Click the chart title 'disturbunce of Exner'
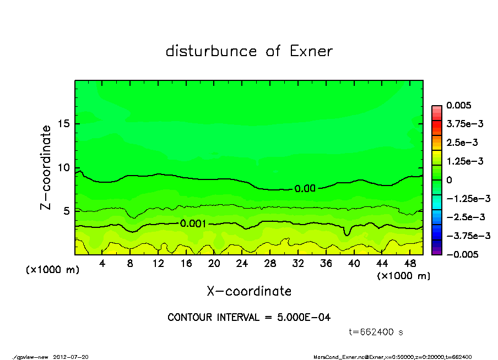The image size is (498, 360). (249, 51)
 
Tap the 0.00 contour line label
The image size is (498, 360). (305, 188)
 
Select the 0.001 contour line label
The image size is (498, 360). (193, 223)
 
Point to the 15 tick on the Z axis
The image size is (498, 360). (64, 124)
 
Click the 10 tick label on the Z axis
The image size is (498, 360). (64, 167)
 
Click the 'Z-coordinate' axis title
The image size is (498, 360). (46, 167)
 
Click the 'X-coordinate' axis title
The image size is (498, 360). (249, 291)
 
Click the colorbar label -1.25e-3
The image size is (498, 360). (465, 198)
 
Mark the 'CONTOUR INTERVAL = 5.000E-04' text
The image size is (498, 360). (249, 318)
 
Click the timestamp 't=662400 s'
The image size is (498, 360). (376, 332)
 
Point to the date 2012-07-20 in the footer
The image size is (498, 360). (71, 356)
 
